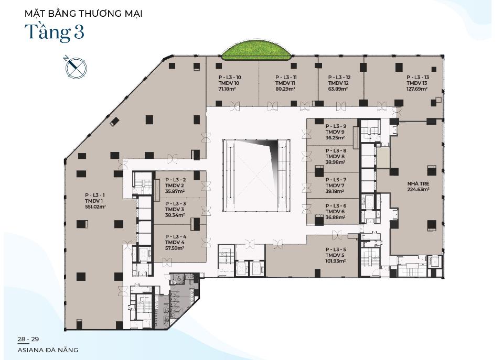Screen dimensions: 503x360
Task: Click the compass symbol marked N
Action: coord(76,67)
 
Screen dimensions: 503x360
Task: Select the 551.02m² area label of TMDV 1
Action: coord(95,207)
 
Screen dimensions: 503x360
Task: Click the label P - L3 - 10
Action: coord(230,77)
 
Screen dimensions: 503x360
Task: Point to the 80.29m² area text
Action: coord(285,89)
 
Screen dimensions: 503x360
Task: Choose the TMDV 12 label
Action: coord(338,83)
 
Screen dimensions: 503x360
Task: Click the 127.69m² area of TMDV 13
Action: coord(417,89)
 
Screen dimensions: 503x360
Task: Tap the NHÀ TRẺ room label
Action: coord(419,184)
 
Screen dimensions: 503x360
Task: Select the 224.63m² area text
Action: coord(419,190)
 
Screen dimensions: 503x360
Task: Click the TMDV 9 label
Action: coord(335,132)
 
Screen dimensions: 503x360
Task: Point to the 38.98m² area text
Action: coord(335,162)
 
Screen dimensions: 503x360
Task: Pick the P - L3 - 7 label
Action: coord(336,180)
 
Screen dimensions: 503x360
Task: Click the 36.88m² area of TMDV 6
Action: coord(335,217)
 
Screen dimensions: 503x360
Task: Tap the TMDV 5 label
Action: coord(335,255)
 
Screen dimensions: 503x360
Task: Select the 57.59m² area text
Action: coord(175,248)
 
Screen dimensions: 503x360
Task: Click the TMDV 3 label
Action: coord(175,209)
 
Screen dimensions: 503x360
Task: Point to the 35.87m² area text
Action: coord(175,191)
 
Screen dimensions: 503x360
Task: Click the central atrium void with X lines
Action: coord(256,176)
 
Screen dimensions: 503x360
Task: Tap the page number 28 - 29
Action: coord(28,339)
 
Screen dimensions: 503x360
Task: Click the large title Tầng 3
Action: coord(55,32)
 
